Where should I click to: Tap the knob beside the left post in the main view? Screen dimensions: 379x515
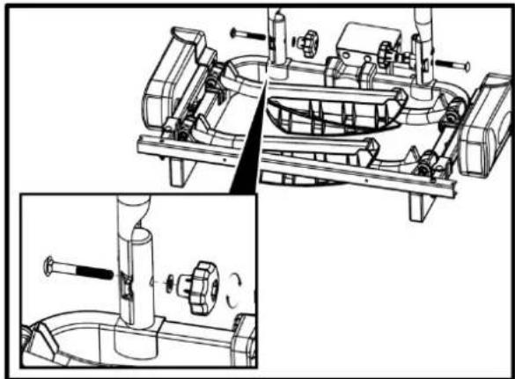pos(307,42)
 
